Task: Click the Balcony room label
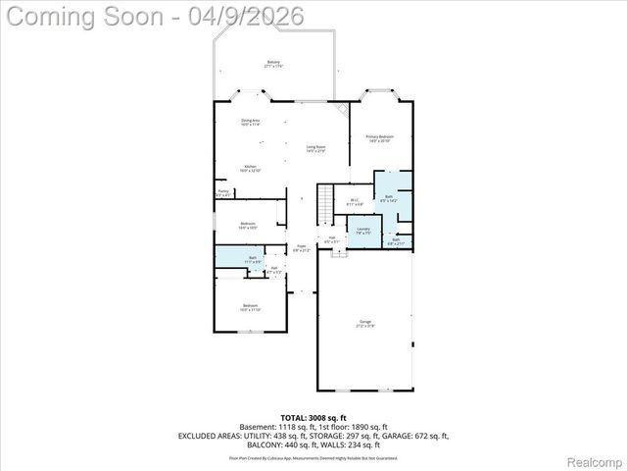(x=273, y=65)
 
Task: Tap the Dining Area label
(x=251, y=123)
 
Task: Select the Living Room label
(x=315, y=148)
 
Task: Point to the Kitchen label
(x=251, y=169)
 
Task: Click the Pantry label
(x=223, y=193)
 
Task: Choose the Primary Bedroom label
(x=379, y=138)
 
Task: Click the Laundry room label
(x=362, y=231)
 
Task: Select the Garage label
(x=364, y=323)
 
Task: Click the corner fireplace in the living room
(x=342, y=109)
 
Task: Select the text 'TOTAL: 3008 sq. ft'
(x=313, y=418)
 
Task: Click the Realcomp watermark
(x=588, y=459)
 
